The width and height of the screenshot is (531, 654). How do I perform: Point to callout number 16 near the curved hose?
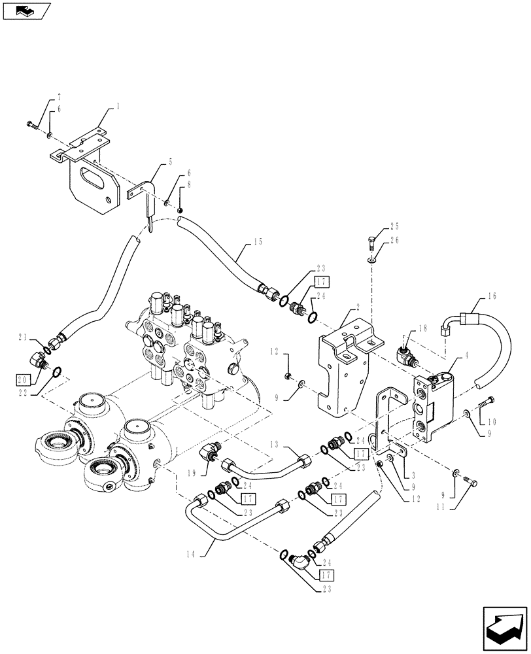pyautogui.click(x=492, y=297)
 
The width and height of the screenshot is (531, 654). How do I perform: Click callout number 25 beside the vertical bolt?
pyautogui.click(x=394, y=227)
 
